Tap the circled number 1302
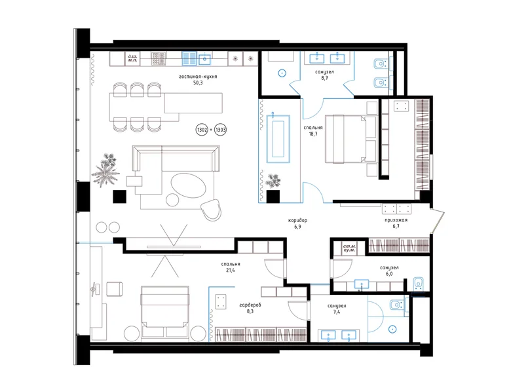click(202, 131)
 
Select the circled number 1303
click(221, 131)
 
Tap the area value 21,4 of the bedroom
click(231, 270)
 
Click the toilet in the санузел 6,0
click(419, 283)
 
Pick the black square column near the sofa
click(119, 197)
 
